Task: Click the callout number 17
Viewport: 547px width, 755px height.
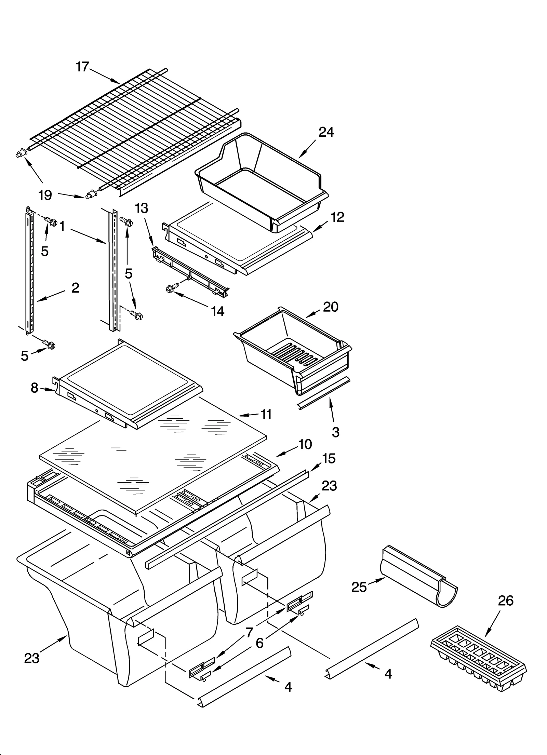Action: pos(82,67)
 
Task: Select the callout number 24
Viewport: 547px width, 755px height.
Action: pos(326,132)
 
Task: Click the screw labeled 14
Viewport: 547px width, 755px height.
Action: pos(170,289)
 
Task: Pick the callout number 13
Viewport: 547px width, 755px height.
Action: pos(142,208)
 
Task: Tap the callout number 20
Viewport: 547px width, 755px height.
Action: pos(331,307)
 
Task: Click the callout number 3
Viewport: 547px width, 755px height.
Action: pos(335,432)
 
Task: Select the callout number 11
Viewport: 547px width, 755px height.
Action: pos(266,414)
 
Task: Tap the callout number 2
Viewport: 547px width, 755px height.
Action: pos(75,288)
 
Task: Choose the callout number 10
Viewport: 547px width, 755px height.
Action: pos(305,444)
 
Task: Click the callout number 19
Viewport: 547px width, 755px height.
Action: pos(45,195)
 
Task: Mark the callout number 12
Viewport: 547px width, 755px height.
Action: pos(337,217)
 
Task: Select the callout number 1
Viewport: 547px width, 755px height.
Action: pos(62,226)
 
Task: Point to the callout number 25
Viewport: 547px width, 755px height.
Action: pos(359,587)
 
